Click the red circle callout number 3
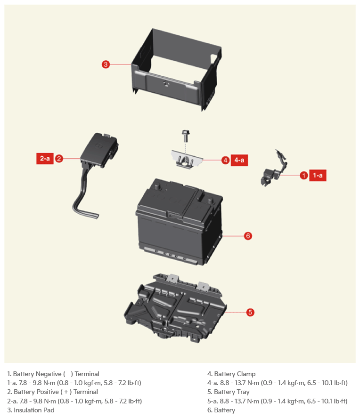click(x=106, y=64)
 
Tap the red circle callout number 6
click(x=248, y=236)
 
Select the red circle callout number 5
click(x=250, y=312)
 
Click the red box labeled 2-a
click(x=45, y=158)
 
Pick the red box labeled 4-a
click(x=239, y=160)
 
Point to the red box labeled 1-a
click(x=318, y=175)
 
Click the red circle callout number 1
click(x=304, y=176)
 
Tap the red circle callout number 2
click(x=59, y=159)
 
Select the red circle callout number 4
click(x=226, y=160)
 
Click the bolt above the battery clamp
click(x=186, y=136)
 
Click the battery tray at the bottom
click(x=175, y=308)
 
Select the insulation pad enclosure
click(x=176, y=69)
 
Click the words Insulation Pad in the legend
click(x=34, y=410)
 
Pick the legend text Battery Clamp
click(x=235, y=374)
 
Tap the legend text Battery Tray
click(x=232, y=392)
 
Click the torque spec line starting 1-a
click(x=74, y=383)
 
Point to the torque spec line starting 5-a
click(x=277, y=401)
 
